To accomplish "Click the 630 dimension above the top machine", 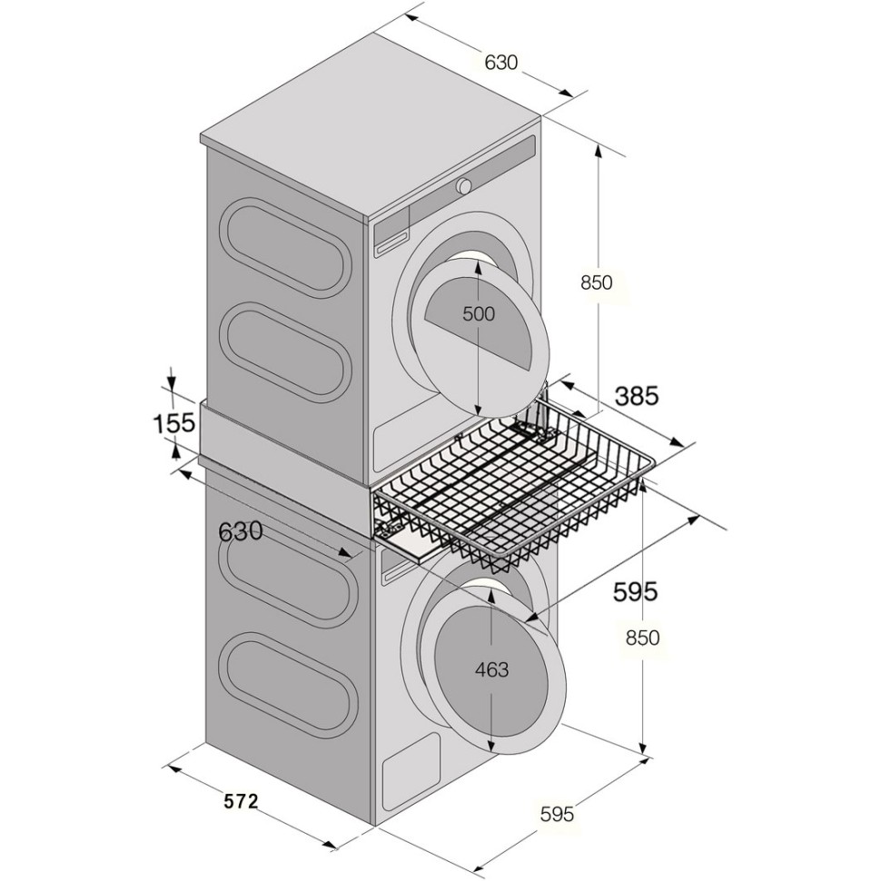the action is click(500, 62).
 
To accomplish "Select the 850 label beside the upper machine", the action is click(596, 282).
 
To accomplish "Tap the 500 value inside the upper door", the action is click(479, 313).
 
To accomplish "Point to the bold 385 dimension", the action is click(637, 396).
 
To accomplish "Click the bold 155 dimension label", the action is click(174, 422).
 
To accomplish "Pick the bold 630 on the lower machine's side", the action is click(241, 530).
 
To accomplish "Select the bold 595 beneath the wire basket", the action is click(635, 591).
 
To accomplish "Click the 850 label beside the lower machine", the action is click(643, 638).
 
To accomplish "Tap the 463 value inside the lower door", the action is click(491, 669).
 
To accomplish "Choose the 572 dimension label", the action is click(241, 801).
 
